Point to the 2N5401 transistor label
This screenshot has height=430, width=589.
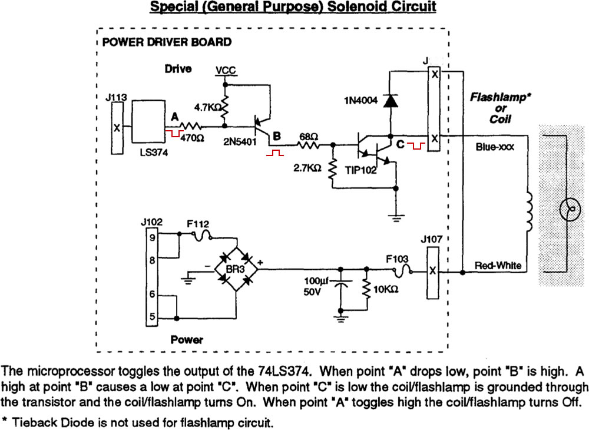(240, 142)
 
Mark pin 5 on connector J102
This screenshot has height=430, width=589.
(152, 317)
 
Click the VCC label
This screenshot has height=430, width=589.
(225, 70)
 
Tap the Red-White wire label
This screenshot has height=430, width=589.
(498, 266)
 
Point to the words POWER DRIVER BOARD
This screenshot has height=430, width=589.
(167, 42)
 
